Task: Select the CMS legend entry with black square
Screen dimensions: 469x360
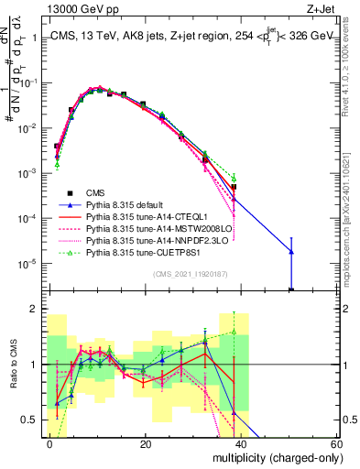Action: [x=93, y=192]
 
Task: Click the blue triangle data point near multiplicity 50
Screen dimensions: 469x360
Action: [x=290, y=251]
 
